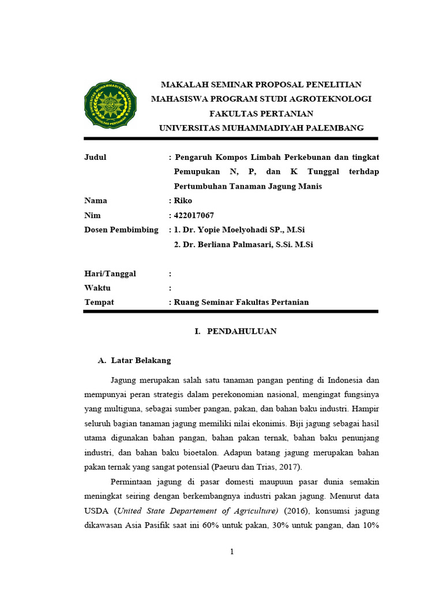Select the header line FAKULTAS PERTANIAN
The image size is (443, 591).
point(261,113)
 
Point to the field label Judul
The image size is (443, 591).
point(95,157)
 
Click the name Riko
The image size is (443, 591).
point(183,201)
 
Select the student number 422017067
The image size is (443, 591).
point(194,215)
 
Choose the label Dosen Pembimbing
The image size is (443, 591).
point(121,230)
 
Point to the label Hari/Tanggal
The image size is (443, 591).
point(110,274)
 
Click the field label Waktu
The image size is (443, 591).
point(97,288)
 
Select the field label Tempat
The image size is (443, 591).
point(99,302)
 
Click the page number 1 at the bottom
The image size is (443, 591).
point(232,552)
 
